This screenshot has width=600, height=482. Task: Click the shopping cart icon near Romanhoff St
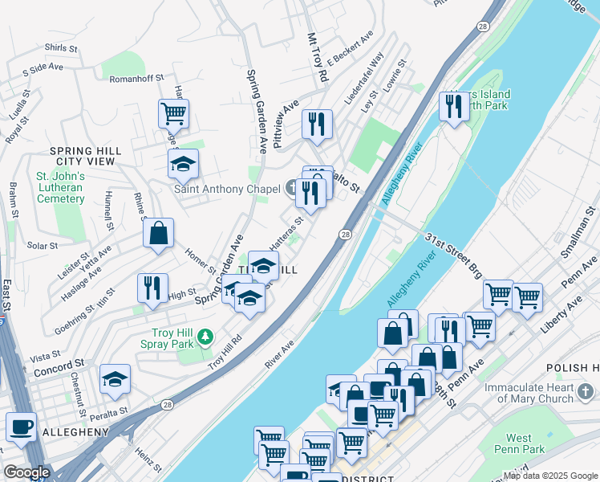(x=172, y=113)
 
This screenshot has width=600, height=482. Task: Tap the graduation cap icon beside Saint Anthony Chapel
(x=183, y=164)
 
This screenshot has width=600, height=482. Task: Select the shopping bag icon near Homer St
(x=159, y=233)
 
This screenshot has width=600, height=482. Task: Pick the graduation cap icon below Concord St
(x=115, y=379)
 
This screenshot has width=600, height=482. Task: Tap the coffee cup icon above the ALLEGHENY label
(x=21, y=427)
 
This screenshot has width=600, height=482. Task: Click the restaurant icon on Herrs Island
(x=454, y=106)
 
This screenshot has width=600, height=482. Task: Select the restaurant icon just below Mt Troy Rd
(x=317, y=124)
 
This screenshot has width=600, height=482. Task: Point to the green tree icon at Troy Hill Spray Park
(x=206, y=335)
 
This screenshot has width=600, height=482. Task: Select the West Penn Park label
(x=530, y=443)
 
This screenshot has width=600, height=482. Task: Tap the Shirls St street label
(x=61, y=48)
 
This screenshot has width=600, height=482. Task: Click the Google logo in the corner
(x=26, y=472)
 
